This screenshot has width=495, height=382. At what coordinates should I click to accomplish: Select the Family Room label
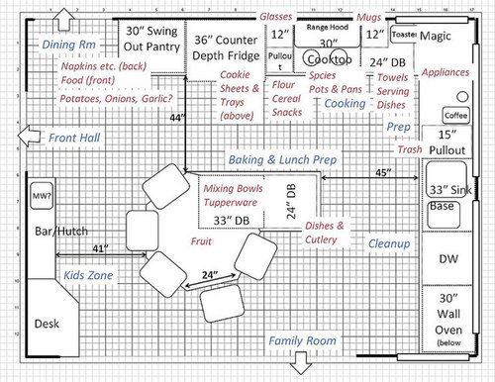300,341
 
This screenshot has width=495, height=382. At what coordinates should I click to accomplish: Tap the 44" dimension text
177,118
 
